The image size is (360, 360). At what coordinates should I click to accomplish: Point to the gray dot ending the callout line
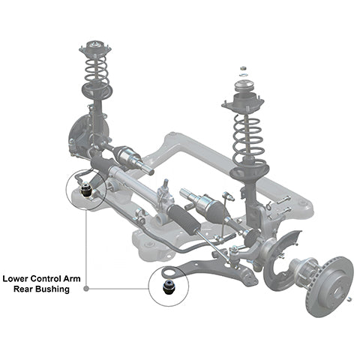(86, 289)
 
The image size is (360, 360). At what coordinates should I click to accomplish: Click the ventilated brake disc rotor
(330, 286)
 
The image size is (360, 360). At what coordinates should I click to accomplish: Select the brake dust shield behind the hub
(280, 261)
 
